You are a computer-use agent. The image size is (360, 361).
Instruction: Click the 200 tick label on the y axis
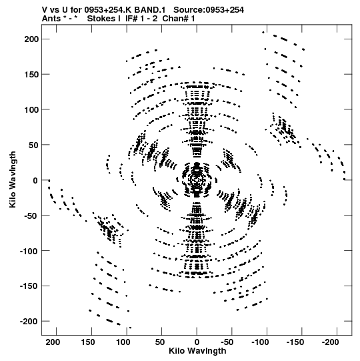click(x=31, y=39)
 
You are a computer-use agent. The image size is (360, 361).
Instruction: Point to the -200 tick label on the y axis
click(x=29, y=322)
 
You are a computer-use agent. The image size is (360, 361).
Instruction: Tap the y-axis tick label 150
click(x=31, y=74)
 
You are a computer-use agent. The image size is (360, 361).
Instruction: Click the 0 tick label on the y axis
click(x=35, y=180)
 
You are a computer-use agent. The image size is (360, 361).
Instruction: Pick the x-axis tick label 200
click(x=53, y=342)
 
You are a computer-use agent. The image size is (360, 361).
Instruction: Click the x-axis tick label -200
click(x=330, y=342)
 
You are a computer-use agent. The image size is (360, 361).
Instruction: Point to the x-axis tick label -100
click(x=260, y=342)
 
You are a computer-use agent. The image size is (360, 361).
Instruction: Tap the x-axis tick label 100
click(x=123, y=342)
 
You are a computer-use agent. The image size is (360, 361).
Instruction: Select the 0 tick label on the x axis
click(x=197, y=342)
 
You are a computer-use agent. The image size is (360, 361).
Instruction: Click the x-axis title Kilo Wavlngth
click(x=197, y=351)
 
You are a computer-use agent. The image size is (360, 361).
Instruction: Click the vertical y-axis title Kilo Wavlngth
click(x=13, y=179)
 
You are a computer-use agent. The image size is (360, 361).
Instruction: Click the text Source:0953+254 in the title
click(x=209, y=10)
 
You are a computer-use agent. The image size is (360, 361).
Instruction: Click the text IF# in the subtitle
click(x=131, y=19)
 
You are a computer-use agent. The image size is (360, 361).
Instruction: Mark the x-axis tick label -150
click(x=295, y=342)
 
